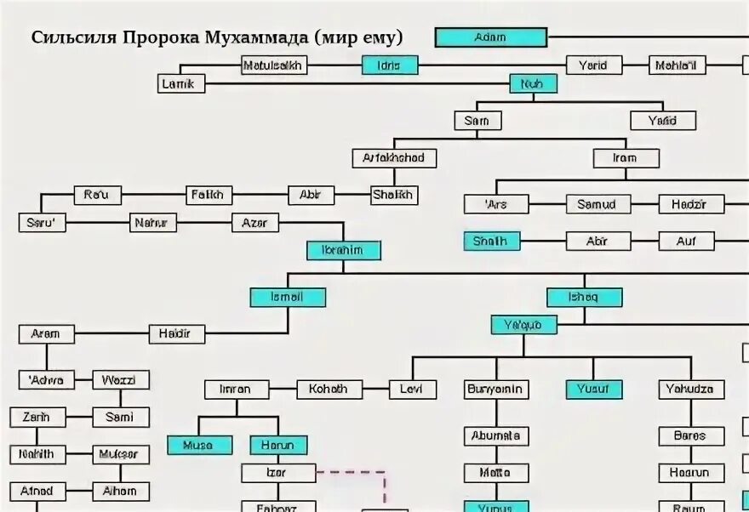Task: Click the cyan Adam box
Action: point(490,37)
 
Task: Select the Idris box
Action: point(390,65)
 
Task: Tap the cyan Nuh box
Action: point(533,83)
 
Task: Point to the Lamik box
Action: point(181,83)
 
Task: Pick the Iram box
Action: point(626,158)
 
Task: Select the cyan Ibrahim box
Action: point(344,250)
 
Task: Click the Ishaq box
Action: point(584,297)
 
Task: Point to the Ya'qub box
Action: point(523,324)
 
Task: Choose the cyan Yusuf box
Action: point(594,390)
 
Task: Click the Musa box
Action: point(199,445)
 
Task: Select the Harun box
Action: point(278,445)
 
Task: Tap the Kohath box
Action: point(329,390)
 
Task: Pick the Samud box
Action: point(597,204)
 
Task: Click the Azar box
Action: point(255,223)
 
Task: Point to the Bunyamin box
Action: point(496,390)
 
